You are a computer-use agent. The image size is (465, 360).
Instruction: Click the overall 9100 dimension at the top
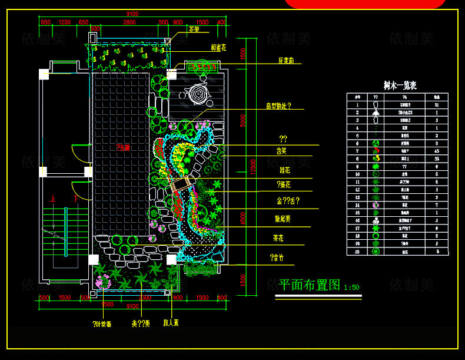(132, 14)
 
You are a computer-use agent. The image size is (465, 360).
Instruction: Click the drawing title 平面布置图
(309, 285)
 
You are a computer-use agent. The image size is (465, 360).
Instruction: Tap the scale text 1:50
(351, 288)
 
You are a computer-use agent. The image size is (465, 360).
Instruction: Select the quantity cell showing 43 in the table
(436, 150)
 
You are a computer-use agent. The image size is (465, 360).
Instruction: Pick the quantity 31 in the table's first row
(436, 104)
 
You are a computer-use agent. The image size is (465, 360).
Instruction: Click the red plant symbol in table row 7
(376, 150)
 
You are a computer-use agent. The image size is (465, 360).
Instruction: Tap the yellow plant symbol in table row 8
(376, 158)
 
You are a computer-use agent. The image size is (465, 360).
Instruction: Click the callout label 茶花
(279, 239)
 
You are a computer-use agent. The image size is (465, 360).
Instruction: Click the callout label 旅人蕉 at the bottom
(171, 323)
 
